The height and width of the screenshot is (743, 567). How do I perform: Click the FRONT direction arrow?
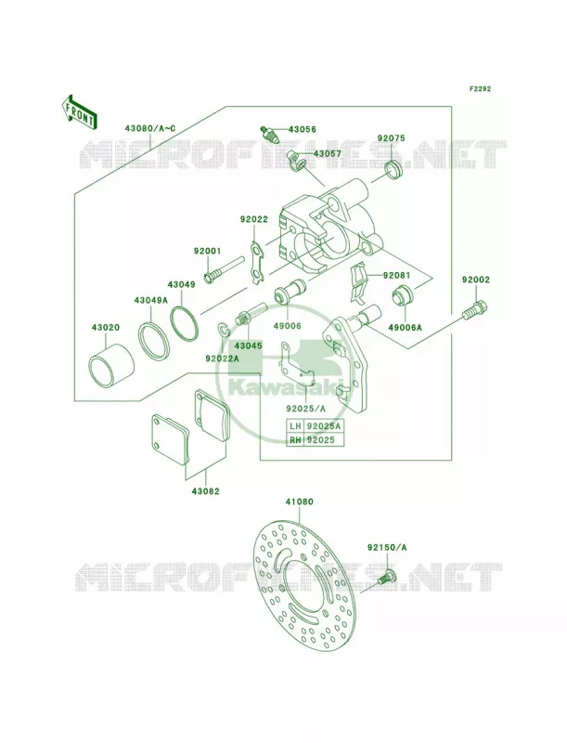pos(79,111)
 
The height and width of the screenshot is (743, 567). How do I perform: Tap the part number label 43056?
pos(302,129)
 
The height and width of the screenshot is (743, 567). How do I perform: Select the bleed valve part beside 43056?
pos(271,134)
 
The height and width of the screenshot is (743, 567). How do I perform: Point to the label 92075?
pos(391,138)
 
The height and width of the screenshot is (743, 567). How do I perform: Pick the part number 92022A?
pos(222,358)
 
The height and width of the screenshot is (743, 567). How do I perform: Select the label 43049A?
pos(150,300)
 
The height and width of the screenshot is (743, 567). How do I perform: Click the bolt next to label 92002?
pos(475,310)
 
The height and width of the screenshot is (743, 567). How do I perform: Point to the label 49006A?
pos(405,327)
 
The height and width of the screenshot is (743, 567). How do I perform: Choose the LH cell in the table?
pos(294,425)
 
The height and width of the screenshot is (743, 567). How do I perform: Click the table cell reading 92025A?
pos(323,425)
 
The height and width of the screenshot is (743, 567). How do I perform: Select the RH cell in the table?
pos(294,439)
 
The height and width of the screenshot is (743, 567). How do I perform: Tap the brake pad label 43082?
pos(205,491)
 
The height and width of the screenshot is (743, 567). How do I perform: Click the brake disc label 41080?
pos(299,502)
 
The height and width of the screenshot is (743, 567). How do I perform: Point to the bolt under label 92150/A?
pos(387,578)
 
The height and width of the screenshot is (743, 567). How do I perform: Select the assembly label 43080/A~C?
pos(150,128)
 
